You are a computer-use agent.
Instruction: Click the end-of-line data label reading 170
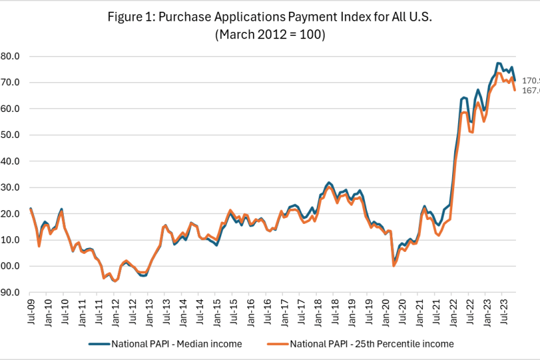[532, 81]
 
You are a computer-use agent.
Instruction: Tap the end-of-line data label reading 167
[532, 90]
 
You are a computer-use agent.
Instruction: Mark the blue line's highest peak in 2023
[498, 63]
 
